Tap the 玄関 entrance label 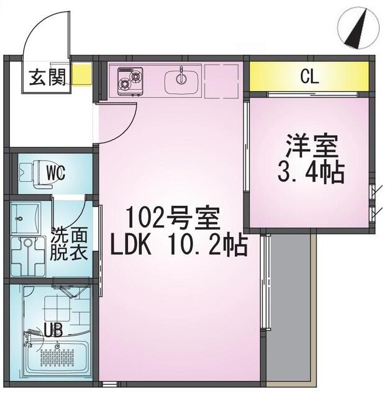point(47,79)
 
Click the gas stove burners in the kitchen point(130,80)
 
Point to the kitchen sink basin point(181,80)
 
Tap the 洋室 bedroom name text point(311,147)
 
